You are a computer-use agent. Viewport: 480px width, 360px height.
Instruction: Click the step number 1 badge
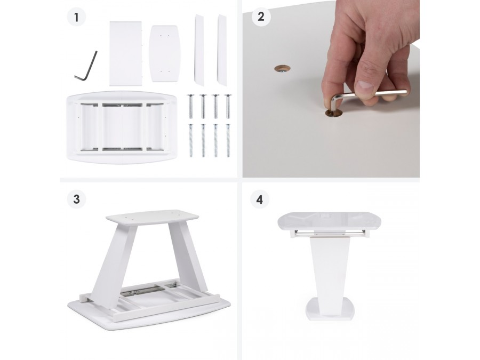tap(76, 17)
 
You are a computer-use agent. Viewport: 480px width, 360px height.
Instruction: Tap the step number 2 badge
tap(261, 17)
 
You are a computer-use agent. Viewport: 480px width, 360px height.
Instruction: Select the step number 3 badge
tap(76, 199)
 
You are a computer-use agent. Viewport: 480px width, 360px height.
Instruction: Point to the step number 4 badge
tap(260, 199)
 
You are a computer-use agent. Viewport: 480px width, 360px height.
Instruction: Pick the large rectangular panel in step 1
tap(126, 53)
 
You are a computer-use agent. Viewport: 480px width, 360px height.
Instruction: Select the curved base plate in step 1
tap(165, 53)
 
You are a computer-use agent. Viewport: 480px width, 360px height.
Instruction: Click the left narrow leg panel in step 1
tap(199, 50)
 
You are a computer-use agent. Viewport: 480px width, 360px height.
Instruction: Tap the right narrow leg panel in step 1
tap(222, 50)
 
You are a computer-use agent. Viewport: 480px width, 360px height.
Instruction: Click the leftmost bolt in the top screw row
tap(190, 106)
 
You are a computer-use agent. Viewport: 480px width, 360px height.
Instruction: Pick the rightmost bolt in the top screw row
tap(228, 106)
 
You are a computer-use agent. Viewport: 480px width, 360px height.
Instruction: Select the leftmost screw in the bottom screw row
tap(191, 140)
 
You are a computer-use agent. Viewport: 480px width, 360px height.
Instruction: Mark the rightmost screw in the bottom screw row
tap(228, 140)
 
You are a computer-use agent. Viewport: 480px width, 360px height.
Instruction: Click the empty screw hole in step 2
tap(282, 69)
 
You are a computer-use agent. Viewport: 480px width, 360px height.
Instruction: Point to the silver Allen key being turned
tap(361, 98)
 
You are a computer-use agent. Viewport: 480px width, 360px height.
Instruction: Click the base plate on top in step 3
tap(152, 217)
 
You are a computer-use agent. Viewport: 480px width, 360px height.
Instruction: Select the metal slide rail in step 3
tap(141, 290)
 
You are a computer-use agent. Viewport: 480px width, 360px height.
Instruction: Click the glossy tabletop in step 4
tap(330, 221)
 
